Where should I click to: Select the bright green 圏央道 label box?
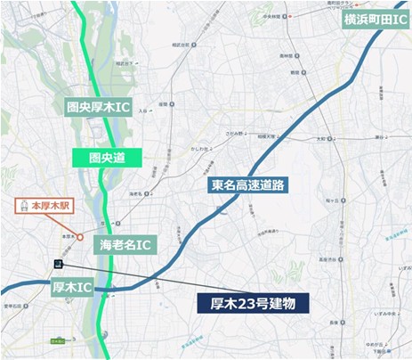pyautogui.click(x=95, y=158)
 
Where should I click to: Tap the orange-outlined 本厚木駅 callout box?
pyautogui.click(x=49, y=206)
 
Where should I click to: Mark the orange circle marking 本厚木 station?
pyautogui.click(x=80, y=238)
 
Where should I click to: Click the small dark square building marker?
pyautogui.click(x=56, y=265)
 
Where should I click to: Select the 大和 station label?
pyautogui.click(x=321, y=139)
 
